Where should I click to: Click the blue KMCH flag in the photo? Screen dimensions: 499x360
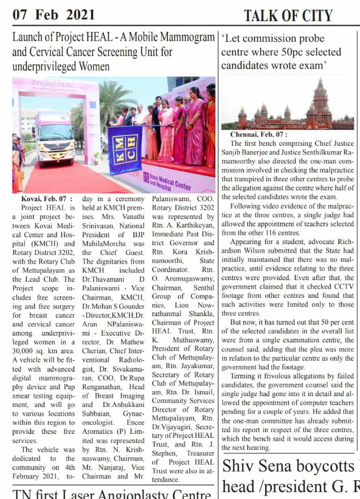(125, 150)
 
